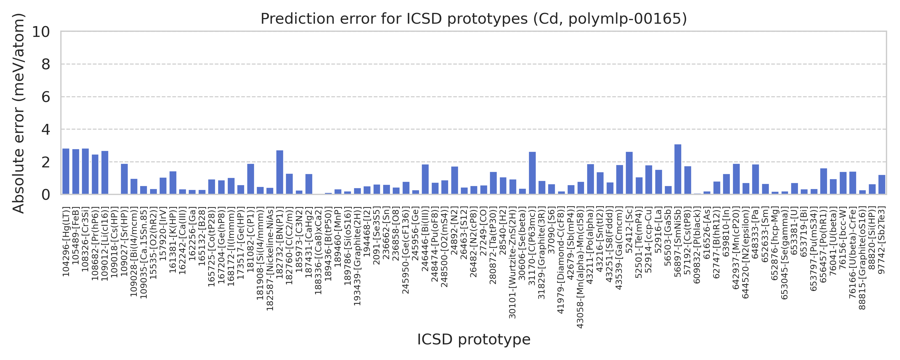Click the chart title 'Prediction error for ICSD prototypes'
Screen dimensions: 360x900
473,19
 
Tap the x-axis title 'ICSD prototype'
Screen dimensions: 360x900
473,339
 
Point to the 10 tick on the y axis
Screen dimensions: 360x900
41,32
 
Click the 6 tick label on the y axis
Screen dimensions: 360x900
45,97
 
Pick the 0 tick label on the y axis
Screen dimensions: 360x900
45,195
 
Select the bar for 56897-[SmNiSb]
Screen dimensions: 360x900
677,169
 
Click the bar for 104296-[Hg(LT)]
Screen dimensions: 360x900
66,171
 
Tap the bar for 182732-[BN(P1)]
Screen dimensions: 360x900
280,172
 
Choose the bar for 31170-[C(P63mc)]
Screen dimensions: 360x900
532,173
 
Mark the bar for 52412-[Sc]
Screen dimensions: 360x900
629,173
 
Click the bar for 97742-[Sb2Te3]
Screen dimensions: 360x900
881,184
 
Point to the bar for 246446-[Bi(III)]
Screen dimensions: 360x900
425,179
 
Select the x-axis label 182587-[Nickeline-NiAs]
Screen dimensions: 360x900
270,260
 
